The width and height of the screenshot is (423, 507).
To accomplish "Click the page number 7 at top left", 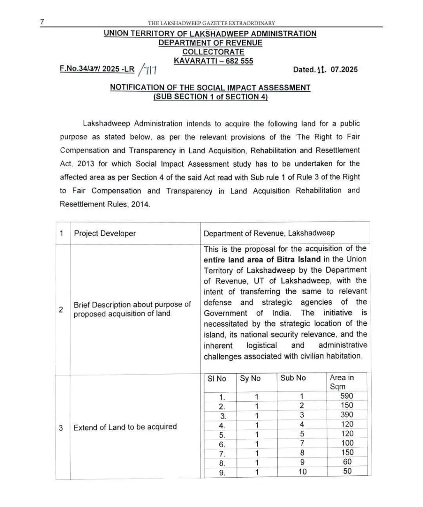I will [x=42, y=22].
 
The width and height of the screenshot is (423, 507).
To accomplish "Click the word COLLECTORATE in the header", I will [x=213, y=52].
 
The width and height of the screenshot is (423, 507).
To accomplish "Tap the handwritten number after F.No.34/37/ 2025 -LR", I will [x=147, y=70].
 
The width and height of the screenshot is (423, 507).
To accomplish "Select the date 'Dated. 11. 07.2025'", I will [x=325, y=69].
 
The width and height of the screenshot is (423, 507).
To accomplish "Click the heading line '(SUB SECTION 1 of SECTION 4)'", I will [x=210, y=97].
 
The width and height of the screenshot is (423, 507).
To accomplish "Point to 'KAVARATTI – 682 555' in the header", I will [x=213, y=61].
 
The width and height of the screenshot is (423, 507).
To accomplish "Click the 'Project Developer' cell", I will [x=105, y=233].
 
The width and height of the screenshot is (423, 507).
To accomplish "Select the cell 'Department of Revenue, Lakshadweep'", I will [x=269, y=233].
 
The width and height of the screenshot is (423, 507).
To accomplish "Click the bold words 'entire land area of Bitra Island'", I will [x=262, y=259].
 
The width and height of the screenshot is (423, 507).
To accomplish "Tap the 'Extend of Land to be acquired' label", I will [x=125, y=427].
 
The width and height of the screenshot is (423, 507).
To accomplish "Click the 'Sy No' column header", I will [x=250, y=378].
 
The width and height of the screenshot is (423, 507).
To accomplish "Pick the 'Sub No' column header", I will [x=293, y=378].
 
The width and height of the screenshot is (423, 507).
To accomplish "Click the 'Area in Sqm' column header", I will [x=342, y=382].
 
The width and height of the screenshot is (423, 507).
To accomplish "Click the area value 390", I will [x=347, y=415].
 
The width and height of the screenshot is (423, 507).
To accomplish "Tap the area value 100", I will [x=347, y=443].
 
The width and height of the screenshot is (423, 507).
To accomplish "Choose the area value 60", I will [x=347, y=462].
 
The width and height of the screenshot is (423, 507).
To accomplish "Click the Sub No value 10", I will [x=302, y=472].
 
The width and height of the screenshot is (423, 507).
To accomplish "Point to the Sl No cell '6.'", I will [x=222, y=444].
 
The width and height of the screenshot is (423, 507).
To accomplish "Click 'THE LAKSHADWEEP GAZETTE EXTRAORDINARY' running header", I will [x=211, y=24].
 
